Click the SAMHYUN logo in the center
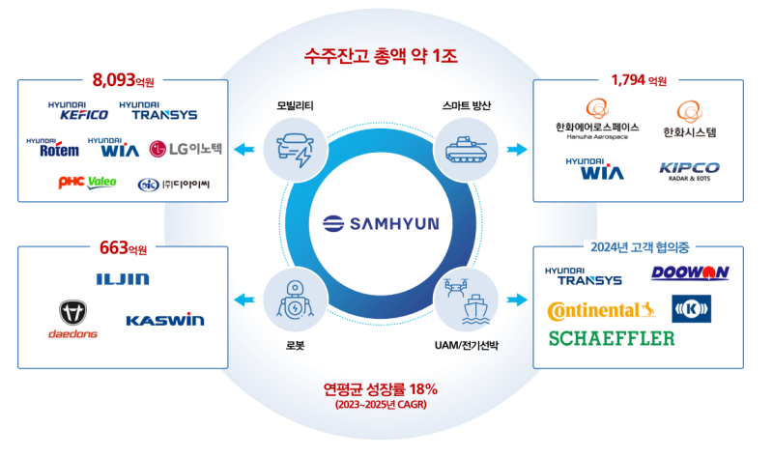(381, 223)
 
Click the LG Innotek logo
(187, 149)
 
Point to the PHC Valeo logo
(87, 183)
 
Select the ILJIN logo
(122, 279)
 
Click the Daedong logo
(72, 318)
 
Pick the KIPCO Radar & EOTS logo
(689, 171)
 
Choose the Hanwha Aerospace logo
(597, 122)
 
